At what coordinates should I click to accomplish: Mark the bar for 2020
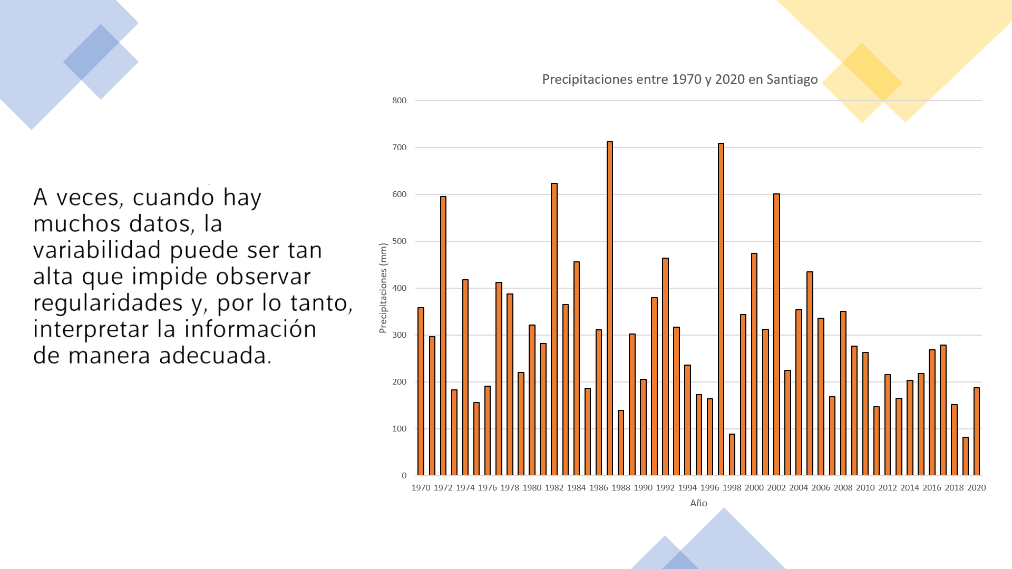(x=977, y=431)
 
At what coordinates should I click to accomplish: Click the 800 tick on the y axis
(x=399, y=101)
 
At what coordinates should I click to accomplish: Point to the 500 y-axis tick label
(x=399, y=241)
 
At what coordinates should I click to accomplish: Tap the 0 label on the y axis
(x=404, y=476)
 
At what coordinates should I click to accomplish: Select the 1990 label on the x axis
(x=643, y=488)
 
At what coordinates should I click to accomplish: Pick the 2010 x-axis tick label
(x=865, y=488)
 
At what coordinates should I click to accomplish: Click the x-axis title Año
(x=698, y=503)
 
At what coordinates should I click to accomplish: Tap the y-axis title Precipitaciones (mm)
(x=383, y=288)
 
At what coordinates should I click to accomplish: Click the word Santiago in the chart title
(x=792, y=80)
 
